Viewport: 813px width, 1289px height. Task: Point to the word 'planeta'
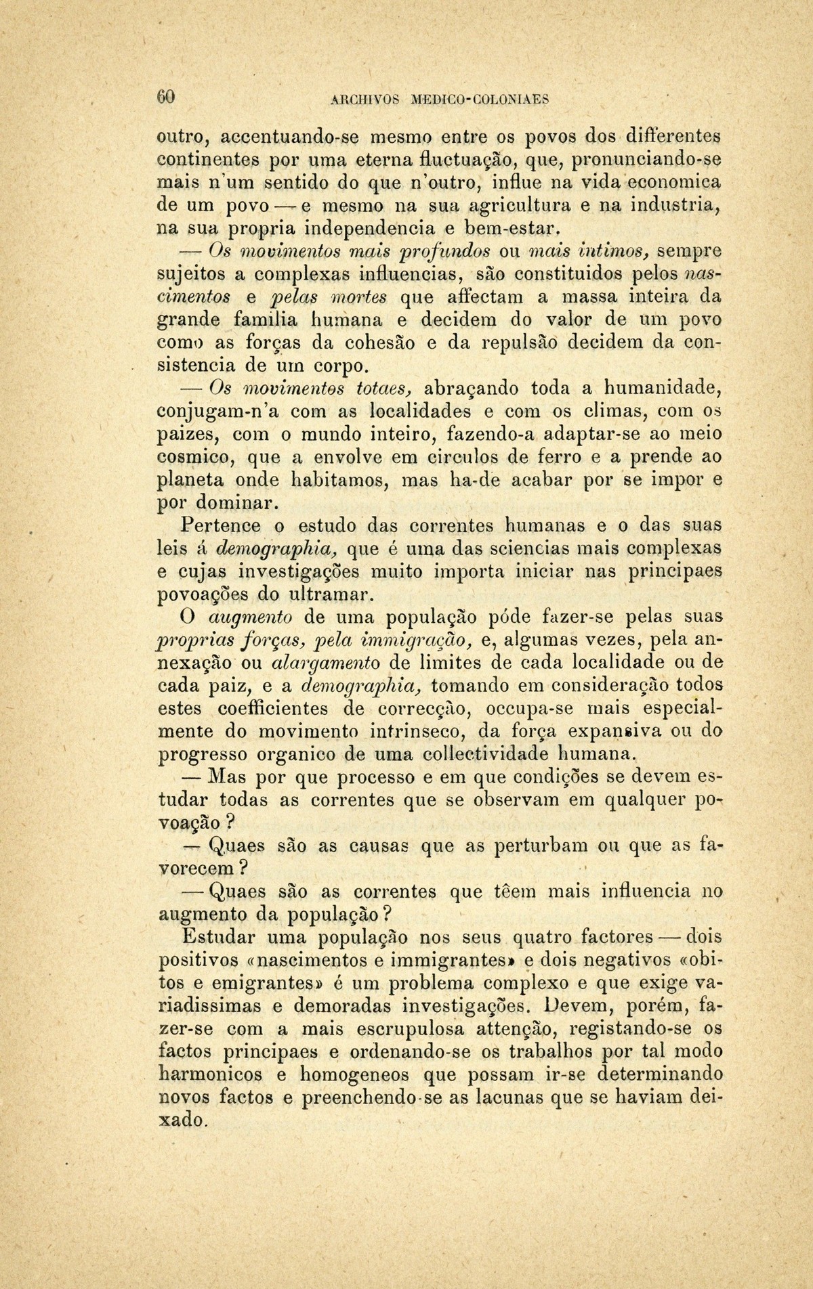tap(190, 480)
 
